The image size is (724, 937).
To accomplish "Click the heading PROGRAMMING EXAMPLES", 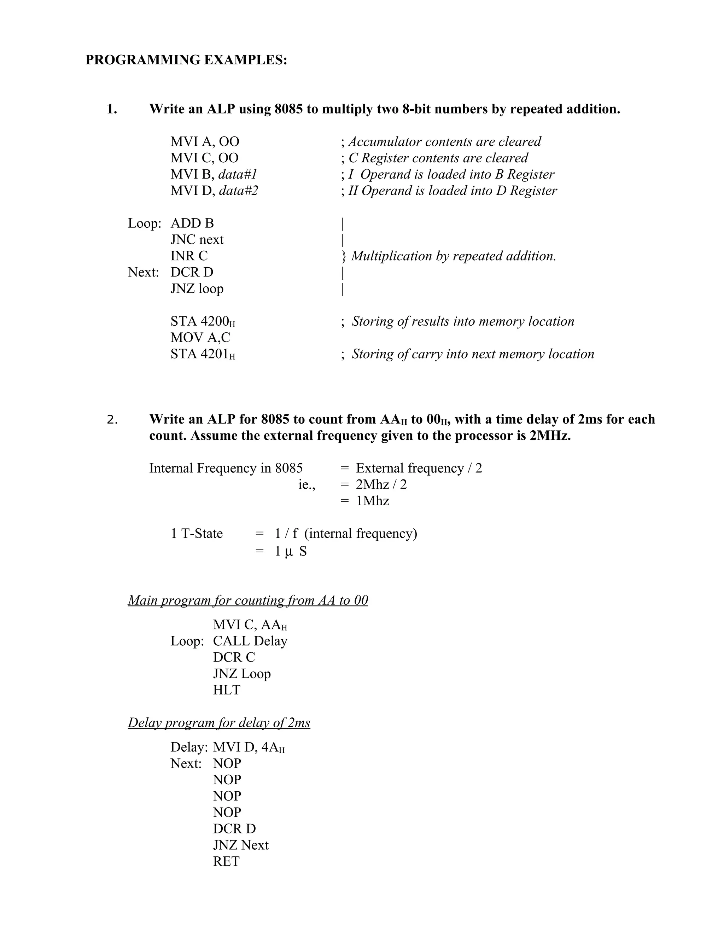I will point(186,60).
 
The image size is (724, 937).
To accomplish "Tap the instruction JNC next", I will point(197,239).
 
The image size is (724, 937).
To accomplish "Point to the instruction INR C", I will point(189,256).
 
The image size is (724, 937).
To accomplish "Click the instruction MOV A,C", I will point(200,338).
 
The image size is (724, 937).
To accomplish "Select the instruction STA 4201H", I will point(203,354).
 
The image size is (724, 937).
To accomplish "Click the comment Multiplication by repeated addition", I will point(453,256).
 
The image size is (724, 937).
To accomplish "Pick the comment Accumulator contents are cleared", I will point(444,141).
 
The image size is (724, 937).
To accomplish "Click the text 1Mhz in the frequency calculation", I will point(372,501).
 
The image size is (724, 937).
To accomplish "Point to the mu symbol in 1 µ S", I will point(289,552).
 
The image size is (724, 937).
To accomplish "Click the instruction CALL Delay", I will point(250,641).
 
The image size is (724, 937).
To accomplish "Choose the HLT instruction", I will point(227,690).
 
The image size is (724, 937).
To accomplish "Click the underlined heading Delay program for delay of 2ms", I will point(219,723).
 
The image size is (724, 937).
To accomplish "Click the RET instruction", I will point(226,861).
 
